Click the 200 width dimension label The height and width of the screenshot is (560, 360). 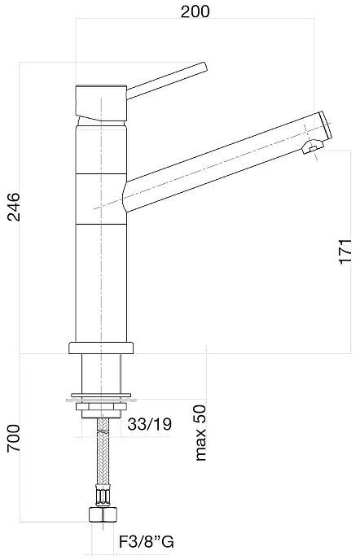195,11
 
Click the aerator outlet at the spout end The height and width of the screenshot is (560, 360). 310,147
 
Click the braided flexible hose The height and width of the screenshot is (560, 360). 101,460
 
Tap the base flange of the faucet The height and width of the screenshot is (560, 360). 101,348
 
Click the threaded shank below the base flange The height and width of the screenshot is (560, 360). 101,374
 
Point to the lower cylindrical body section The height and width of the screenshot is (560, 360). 101,277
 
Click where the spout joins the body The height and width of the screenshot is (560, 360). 124,195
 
